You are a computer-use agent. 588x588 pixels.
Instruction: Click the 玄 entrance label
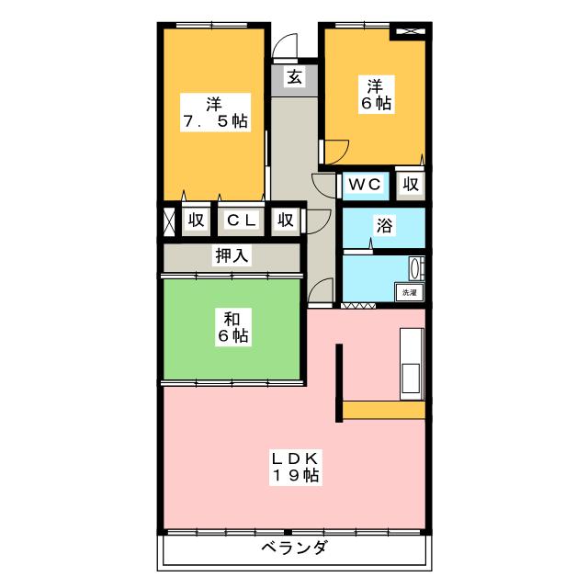click(294, 77)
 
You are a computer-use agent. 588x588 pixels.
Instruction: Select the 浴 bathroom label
click(383, 227)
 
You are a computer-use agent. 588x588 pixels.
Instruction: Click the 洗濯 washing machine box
click(409, 292)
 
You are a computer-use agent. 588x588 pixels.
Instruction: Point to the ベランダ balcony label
click(294, 548)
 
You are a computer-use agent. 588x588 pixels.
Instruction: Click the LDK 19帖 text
click(294, 466)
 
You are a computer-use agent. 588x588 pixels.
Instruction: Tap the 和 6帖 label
click(232, 328)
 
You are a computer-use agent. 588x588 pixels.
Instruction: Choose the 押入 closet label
click(232, 256)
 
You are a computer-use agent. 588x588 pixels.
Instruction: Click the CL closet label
click(241, 220)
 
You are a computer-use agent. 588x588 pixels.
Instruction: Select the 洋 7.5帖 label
click(214, 110)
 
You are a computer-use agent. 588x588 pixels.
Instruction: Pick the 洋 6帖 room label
click(376, 95)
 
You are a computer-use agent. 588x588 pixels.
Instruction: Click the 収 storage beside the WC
click(411, 185)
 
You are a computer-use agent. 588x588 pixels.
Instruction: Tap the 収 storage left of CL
click(196, 220)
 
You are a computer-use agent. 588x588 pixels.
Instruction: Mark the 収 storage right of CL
click(286, 220)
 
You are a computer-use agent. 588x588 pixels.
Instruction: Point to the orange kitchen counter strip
click(381, 410)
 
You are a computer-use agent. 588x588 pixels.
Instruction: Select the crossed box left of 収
click(169, 220)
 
